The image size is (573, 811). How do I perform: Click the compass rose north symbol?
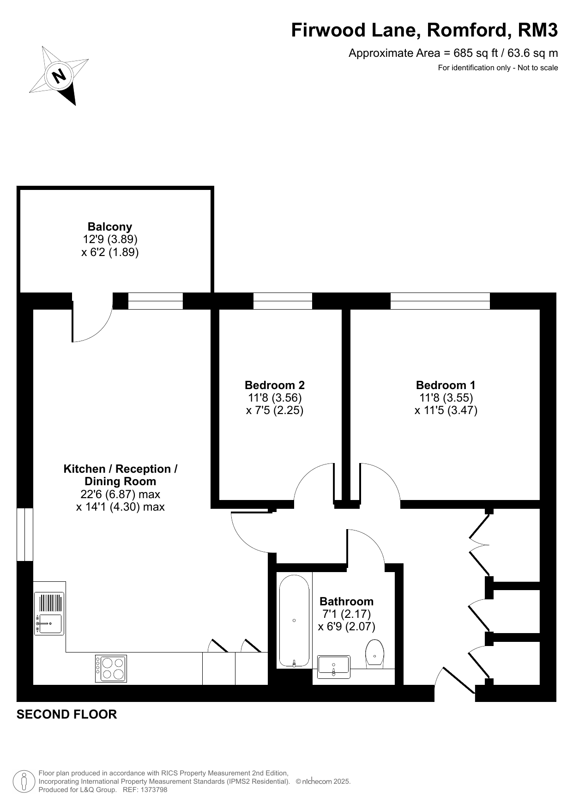coord(59,75)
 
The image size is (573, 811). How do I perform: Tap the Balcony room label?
coord(110,227)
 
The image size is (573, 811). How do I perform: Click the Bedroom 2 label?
coord(275,385)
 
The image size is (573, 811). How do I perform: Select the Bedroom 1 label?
coord(446,385)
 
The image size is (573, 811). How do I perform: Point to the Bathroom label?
coord(347,601)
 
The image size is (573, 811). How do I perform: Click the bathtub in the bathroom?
coord(294,621)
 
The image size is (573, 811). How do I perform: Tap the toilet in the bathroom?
coord(375,653)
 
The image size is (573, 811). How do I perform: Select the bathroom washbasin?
coord(334,666)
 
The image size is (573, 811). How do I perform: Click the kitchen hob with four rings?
coord(111,668)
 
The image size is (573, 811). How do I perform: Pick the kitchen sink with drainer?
coord(49,614)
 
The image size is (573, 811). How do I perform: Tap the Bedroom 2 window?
coord(283,301)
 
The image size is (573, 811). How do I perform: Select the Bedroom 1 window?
coord(440,301)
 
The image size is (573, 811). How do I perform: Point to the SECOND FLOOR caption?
coord(67,714)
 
